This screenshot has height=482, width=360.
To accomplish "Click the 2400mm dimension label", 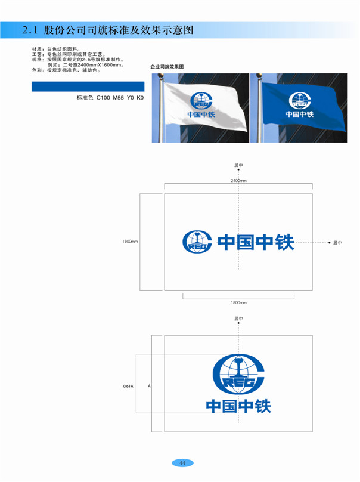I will (x=239, y=180).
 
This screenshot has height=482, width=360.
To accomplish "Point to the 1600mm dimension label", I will (x=130, y=242).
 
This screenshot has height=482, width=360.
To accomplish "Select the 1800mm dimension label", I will (x=239, y=302).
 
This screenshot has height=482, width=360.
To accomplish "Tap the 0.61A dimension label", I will (x=128, y=386).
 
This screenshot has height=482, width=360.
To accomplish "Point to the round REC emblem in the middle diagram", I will (x=196, y=242).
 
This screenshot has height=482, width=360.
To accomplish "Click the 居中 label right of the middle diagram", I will (x=337, y=243).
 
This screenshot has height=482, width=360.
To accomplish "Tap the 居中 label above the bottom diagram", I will (x=239, y=319).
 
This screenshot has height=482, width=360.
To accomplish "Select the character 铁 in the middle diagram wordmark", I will (x=284, y=242).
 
